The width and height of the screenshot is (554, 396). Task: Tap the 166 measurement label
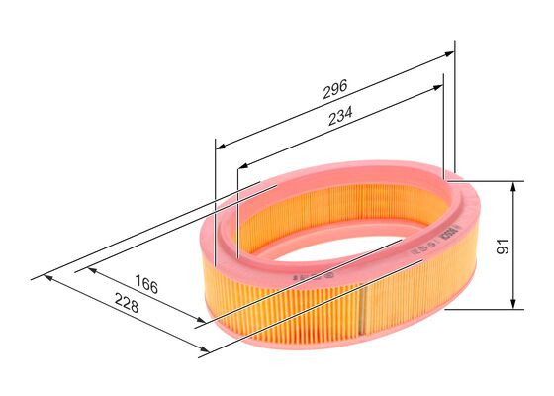pyautogui.click(x=146, y=287)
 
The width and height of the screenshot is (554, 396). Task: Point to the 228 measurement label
pyautogui.click(x=125, y=307)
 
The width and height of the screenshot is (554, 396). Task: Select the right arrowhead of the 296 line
pyautogui.click(x=450, y=57)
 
